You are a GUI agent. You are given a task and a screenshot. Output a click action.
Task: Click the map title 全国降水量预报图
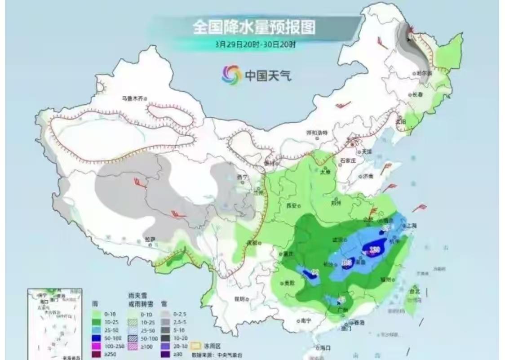point(254,28)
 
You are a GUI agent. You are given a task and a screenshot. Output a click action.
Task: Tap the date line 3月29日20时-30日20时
point(255,44)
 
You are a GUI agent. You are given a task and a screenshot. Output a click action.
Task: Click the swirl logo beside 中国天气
point(231,75)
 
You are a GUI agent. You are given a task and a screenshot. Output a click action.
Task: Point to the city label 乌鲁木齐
point(134,98)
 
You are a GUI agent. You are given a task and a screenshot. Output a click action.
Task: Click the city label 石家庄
point(348,160)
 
